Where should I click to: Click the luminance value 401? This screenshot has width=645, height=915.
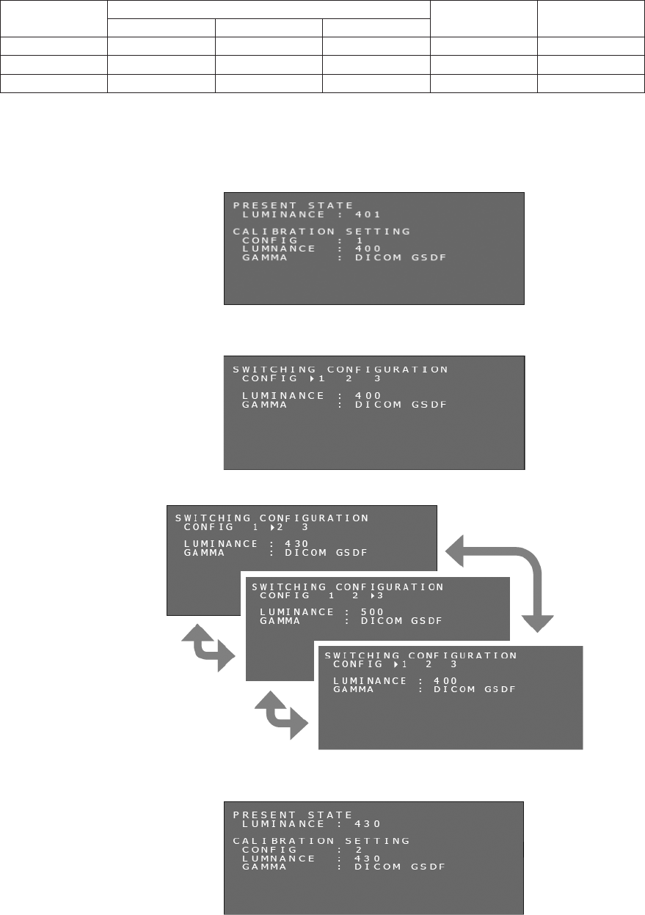coord(368,215)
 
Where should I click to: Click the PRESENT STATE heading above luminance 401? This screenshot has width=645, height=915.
coord(293,205)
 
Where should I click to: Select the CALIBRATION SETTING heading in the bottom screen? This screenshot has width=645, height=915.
coord(321,841)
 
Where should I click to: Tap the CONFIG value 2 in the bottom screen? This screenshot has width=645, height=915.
coord(358,850)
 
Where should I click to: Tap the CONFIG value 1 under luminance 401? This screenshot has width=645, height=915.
coord(359,240)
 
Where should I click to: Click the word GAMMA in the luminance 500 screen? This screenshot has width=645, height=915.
coord(278,621)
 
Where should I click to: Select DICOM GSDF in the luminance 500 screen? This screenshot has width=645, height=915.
coord(401,621)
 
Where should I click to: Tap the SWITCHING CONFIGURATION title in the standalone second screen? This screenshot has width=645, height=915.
coord(340,370)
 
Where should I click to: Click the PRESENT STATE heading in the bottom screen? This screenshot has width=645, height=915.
coord(293,815)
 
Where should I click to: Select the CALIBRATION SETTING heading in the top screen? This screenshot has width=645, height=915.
coord(321,231)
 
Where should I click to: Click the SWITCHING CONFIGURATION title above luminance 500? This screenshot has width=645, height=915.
coord(348,587)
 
